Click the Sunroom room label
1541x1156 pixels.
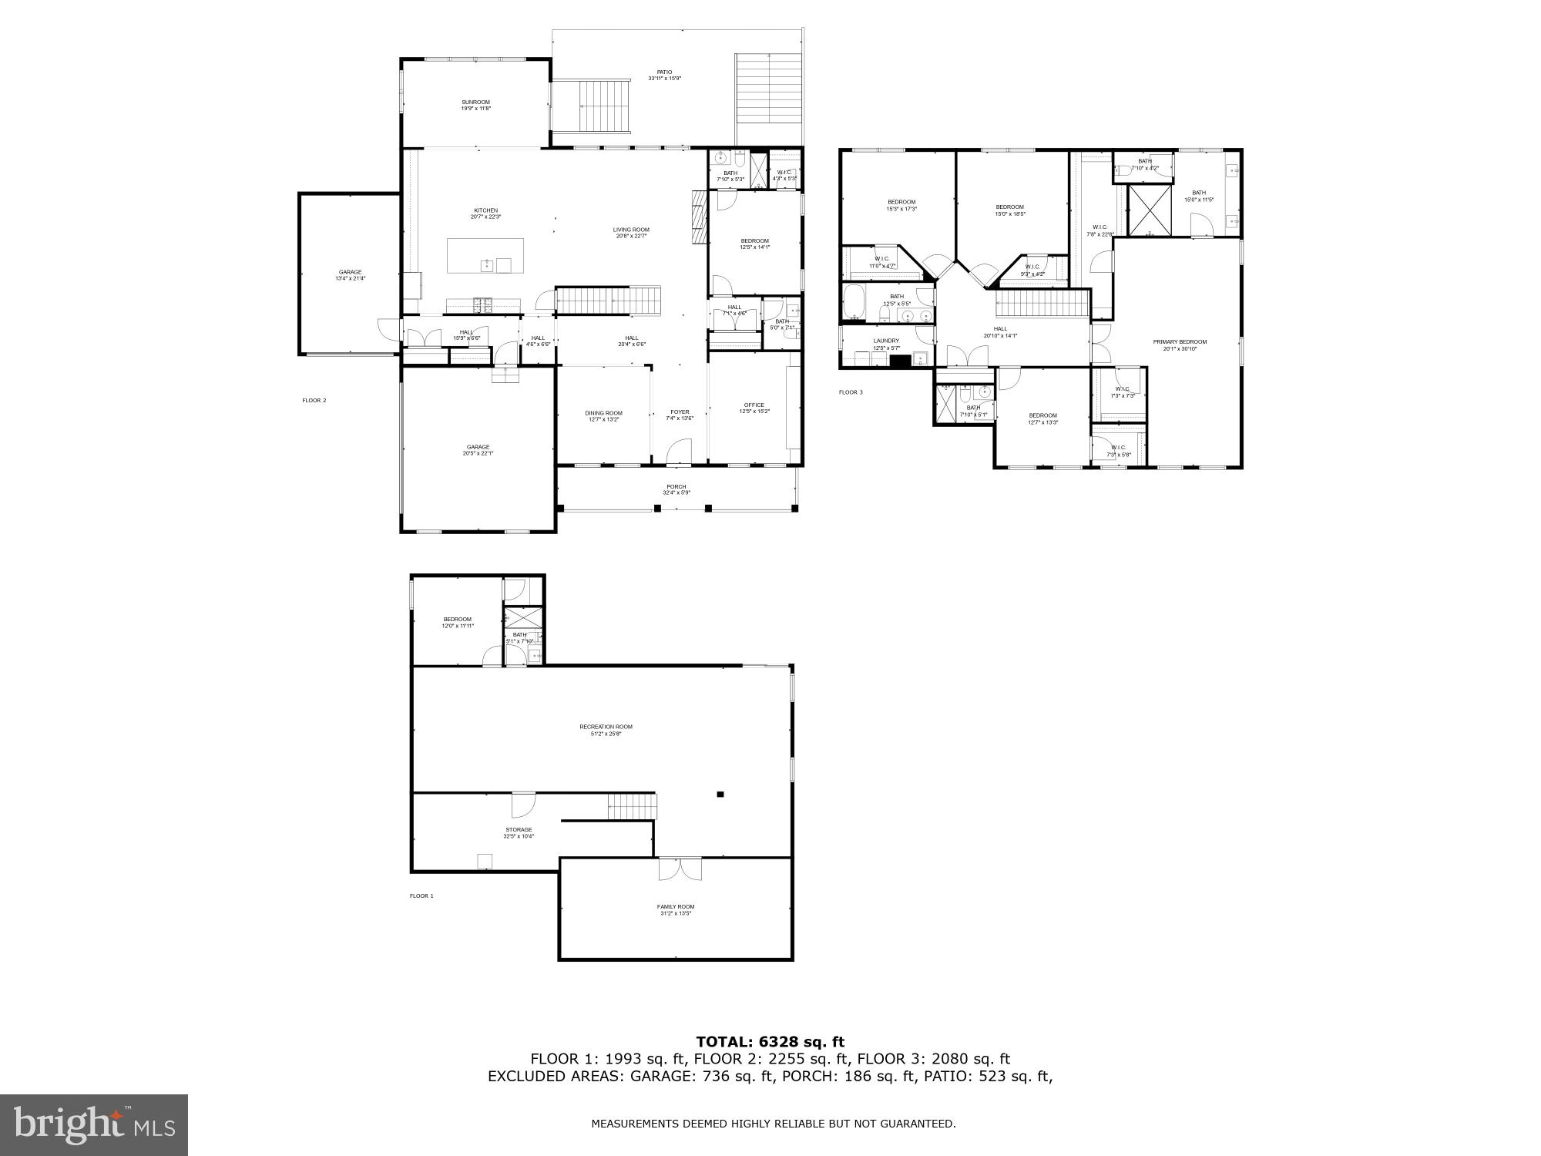475,105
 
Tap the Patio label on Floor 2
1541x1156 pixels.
664,75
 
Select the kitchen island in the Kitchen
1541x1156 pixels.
485,255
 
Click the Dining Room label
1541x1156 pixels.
603,416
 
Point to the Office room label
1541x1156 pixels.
754,408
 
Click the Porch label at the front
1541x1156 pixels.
676,489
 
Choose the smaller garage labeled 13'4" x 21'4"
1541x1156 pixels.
350,274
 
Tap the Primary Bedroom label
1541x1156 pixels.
1179,344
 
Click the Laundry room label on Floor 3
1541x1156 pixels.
885,344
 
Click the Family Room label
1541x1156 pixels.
675,909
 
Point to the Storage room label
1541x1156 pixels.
519,832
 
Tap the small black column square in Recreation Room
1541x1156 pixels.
720,794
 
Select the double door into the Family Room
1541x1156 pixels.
680,869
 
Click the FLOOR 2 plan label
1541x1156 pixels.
314,400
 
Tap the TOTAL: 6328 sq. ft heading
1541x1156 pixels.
770,1042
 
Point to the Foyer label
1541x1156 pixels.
679,415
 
